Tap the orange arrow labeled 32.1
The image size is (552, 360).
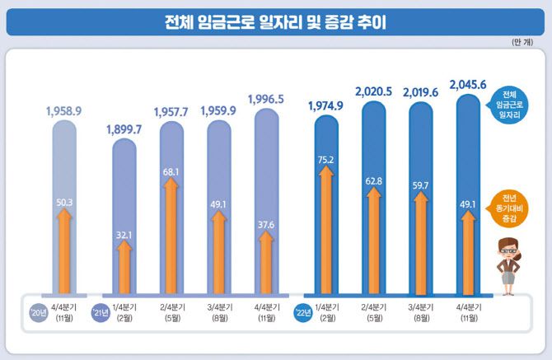pos(124,264)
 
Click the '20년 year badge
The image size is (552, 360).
pos(35,311)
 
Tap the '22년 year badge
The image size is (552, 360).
pos(302,311)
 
